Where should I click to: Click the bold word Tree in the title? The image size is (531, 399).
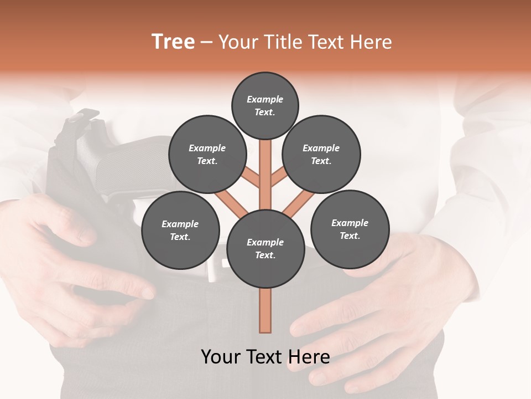pos(173,42)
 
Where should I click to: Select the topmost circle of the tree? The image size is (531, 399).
pos(265,105)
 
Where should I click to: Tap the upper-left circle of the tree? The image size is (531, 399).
pos(207,154)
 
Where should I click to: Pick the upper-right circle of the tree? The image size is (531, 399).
pos(321,154)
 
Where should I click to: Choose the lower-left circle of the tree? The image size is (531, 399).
pos(180,230)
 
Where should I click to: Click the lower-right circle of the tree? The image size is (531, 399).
pos(350,229)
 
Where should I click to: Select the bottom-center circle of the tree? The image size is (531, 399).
pos(265,248)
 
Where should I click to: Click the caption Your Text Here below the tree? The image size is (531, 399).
pos(265,357)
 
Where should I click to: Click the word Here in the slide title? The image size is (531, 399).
pos(372,42)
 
